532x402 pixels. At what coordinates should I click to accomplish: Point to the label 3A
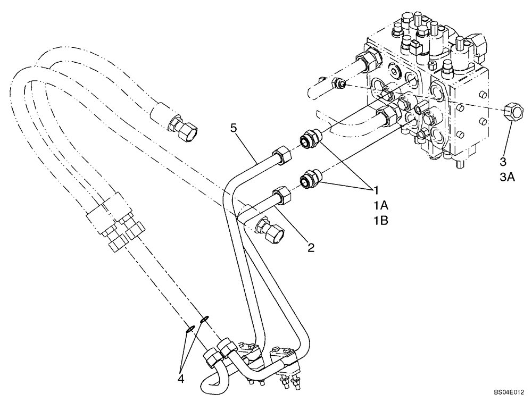507,178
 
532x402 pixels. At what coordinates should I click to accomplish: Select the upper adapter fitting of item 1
310,138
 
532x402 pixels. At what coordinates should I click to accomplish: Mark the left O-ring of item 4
190,329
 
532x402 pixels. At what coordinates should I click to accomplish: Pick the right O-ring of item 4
204,319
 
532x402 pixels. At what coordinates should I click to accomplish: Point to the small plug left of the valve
339,83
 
